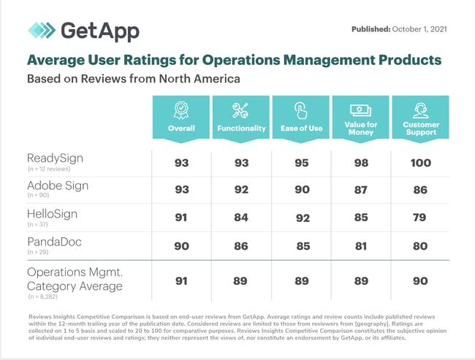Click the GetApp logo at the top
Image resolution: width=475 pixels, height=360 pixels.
click(83, 31)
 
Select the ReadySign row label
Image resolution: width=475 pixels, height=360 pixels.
click(55, 158)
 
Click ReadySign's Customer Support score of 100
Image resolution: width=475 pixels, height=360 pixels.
click(421, 163)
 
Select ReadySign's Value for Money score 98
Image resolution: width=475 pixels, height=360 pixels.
click(360, 163)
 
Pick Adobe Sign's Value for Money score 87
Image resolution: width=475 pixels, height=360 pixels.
click(360, 191)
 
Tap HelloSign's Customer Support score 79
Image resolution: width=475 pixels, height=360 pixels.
click(421, 218)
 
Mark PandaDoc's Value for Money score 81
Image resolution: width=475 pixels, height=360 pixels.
click(360, 245)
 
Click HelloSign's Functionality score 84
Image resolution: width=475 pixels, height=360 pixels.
click(240, 218)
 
